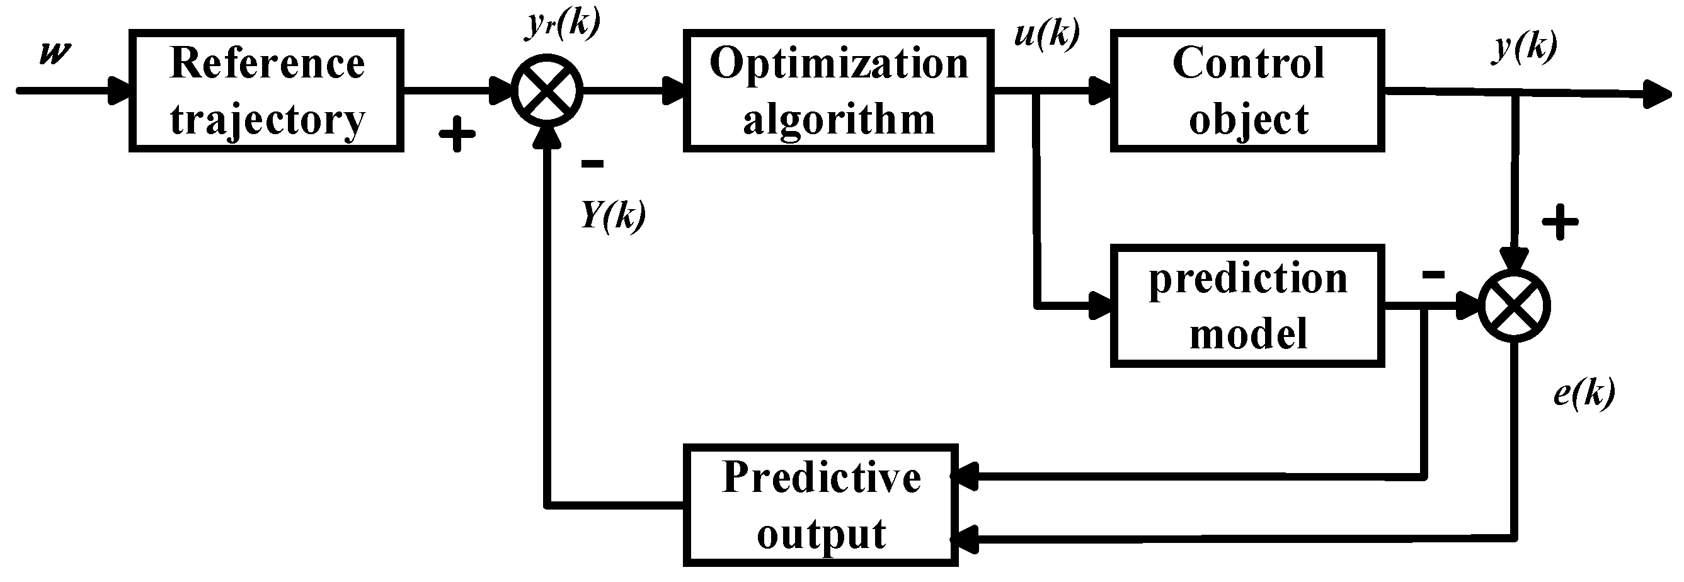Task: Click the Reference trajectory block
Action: point(266,91)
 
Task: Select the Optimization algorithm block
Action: point(838,91)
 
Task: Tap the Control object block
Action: point(1247,91)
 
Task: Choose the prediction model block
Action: point(1247,305)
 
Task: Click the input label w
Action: point(55,52)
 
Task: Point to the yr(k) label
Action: point(564,25)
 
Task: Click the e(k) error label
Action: point(1584,393)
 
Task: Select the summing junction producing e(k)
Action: point(1515,305)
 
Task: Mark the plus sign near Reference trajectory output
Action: point(456,135)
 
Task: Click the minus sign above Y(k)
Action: point(592,164)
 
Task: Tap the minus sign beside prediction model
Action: point(1433,275)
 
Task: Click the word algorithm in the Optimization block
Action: point(839,120)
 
